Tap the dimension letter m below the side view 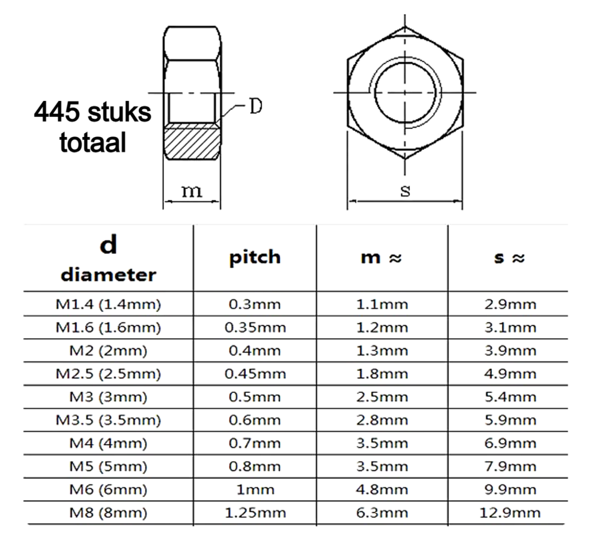coord(193,191)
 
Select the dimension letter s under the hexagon coord(405,190)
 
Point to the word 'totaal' coord(94,143)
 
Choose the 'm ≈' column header coord(382,258)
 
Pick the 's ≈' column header coord(508,258)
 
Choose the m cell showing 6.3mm coord(382,513)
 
